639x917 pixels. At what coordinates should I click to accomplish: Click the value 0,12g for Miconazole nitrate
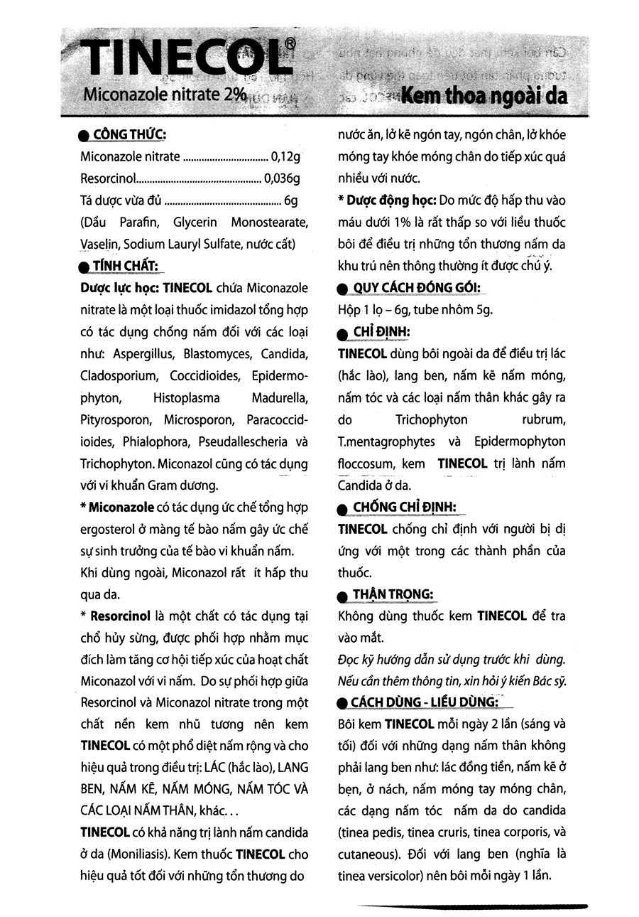click(287, 157)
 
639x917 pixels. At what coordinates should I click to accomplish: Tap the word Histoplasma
click(186, 397)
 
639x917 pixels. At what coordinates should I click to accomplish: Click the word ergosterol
click(110, 530)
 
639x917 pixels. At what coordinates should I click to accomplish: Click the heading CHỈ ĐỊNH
click(381, 332)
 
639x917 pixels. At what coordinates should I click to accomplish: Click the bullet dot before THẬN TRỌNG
click(342, 596)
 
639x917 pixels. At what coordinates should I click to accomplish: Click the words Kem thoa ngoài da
click(484, 96)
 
